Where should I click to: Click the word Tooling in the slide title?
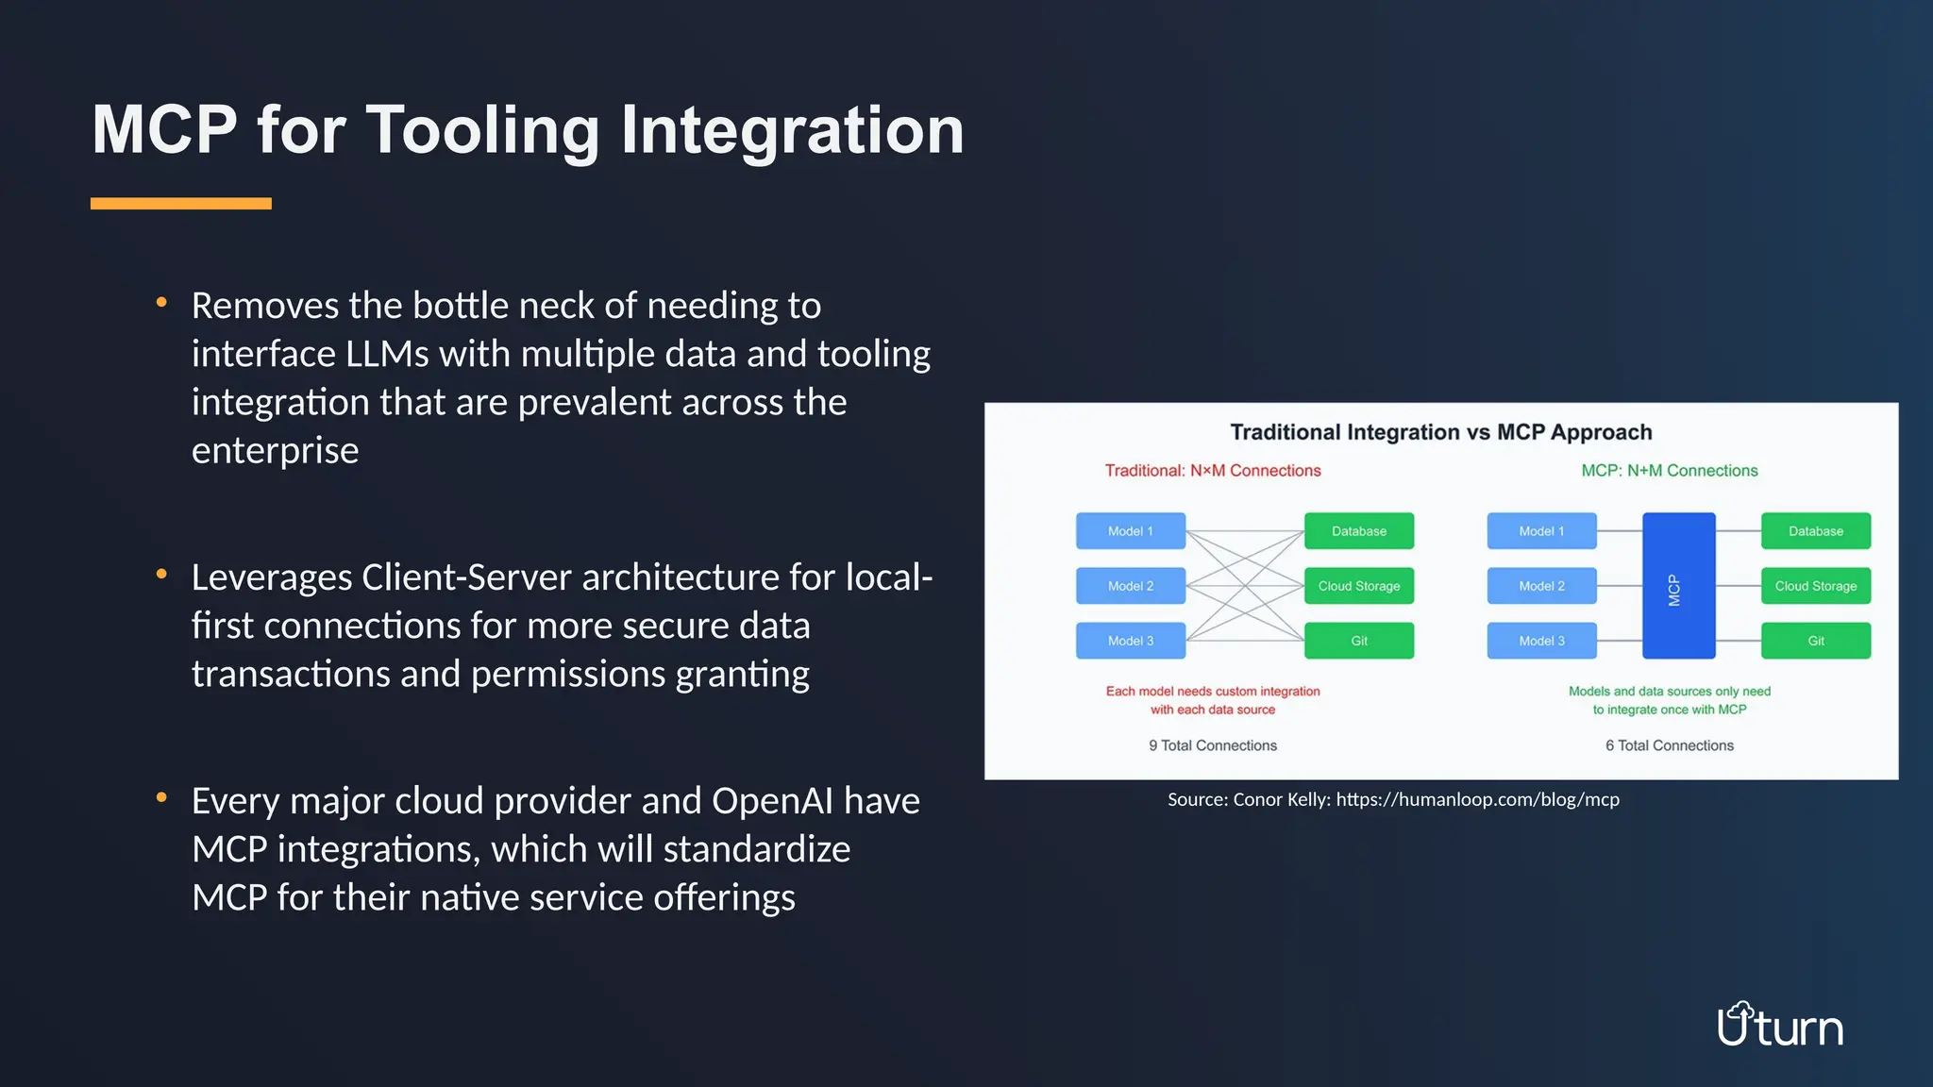pos(481,130)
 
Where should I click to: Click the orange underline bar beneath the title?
pos(180,204)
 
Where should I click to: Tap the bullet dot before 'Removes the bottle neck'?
pos(161,303)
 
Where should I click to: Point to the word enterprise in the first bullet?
pos(275,451)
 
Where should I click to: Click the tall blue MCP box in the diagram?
pos(1678,586)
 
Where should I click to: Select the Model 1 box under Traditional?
pos(1130,531)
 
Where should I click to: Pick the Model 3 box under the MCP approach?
pos(1541,641)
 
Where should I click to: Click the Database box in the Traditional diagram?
pos(1358,531)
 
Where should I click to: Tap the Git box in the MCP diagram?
pos(1815,641)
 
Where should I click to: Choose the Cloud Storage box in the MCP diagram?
pos(1815,586)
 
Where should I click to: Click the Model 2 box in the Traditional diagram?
pos(1130,586)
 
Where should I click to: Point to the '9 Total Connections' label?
pos(1212,745)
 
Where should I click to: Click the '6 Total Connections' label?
pos(1669,745)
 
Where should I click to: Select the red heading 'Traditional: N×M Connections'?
pos(1212,471)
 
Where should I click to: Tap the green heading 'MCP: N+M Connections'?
pos(1669,471)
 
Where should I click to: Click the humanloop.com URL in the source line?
pos(1477,800)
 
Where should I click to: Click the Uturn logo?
pos(1779,1026)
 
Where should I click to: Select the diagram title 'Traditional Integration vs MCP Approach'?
pos(1440,432)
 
